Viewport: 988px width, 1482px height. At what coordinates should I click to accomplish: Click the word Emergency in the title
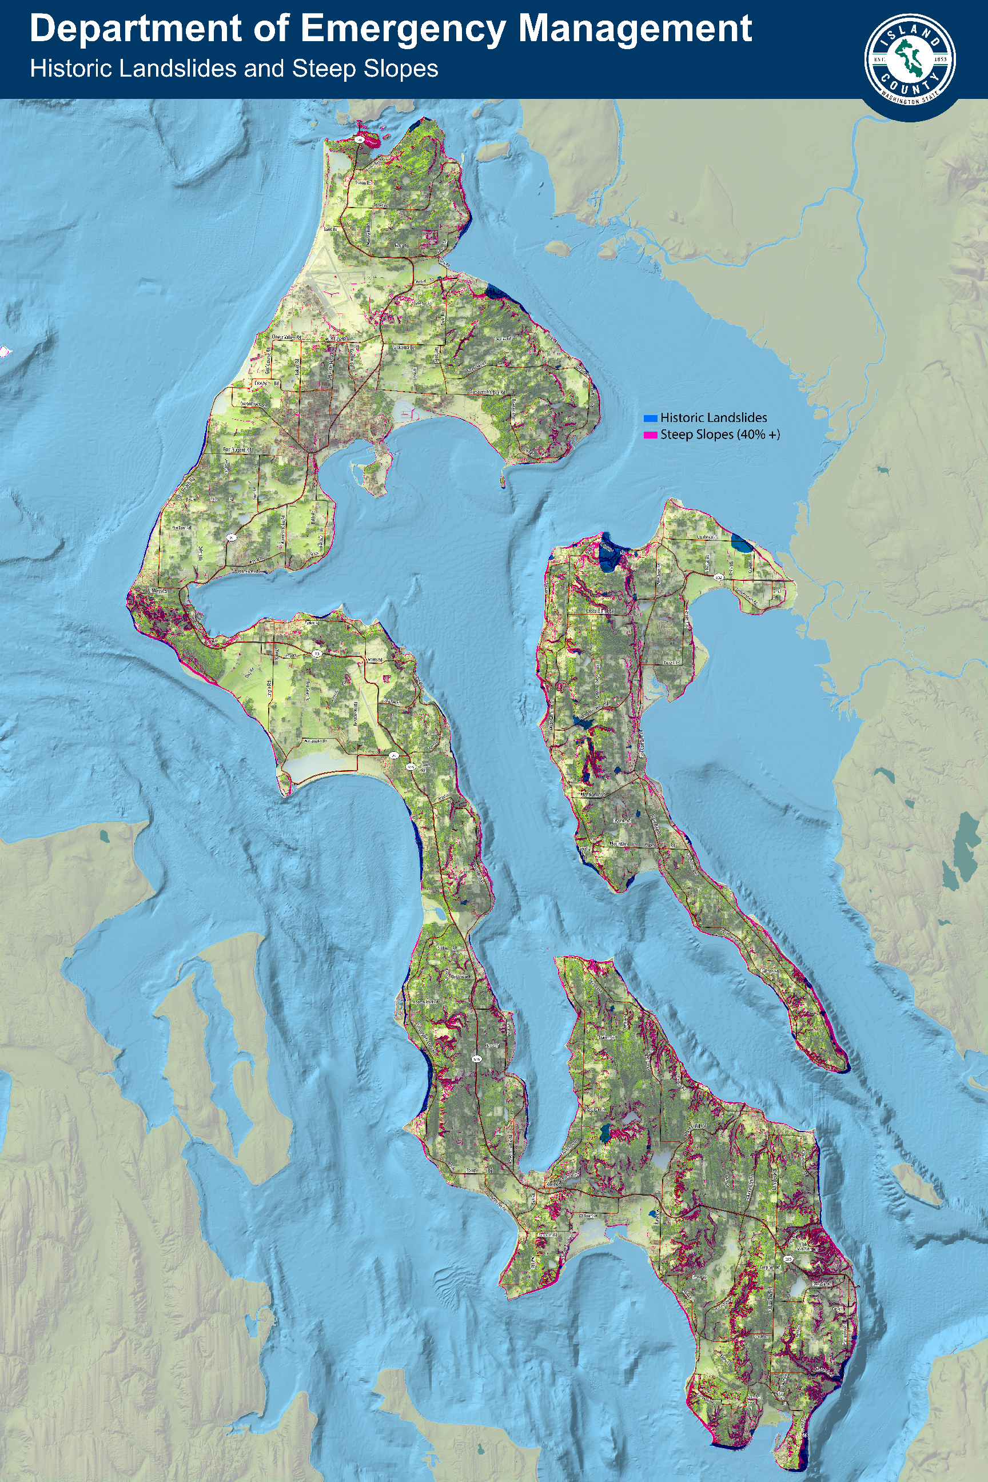pyautogui.click(x=401, y=29)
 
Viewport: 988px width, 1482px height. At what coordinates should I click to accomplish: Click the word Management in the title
pyautogui.click(x=635, y=29)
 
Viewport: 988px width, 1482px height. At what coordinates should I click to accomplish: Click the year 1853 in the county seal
pyautogui.click(x=939, y=59)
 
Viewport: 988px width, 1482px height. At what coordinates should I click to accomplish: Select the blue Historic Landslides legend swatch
pyautogui.click(x=650, y=418)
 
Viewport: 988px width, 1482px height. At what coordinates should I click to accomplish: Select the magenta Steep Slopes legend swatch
pyautogui.click(x=650, y=435)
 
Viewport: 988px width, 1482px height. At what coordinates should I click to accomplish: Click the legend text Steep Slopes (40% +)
pyautogui.click(x=720, y=435)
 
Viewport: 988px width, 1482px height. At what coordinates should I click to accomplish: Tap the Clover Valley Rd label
pyautogui.click(x=286, y=337)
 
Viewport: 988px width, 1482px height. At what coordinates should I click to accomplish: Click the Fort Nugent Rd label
pyautogui.click(x=237, y=450)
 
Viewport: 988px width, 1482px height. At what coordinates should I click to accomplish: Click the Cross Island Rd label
pyautogui.click(x=600, y=611)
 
